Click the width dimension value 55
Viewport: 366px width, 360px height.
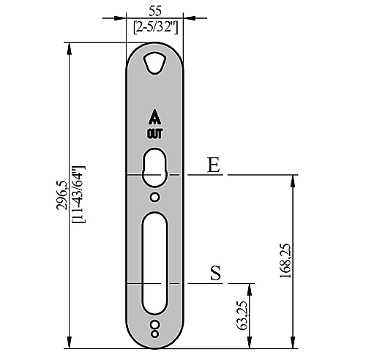[155, 11]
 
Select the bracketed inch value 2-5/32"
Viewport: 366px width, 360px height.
[156, 27]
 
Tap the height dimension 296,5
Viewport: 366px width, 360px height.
[61, 195]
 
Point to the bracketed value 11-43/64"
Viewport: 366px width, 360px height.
[78, 195]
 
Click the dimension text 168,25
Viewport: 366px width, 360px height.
[285, 260]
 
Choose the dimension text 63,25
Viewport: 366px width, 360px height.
[242, 315]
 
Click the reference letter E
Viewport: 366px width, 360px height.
[214, 165]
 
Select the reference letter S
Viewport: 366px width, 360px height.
[216, 273]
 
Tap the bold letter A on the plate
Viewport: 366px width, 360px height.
[154, 117]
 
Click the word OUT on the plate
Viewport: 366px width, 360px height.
[154, 134]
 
